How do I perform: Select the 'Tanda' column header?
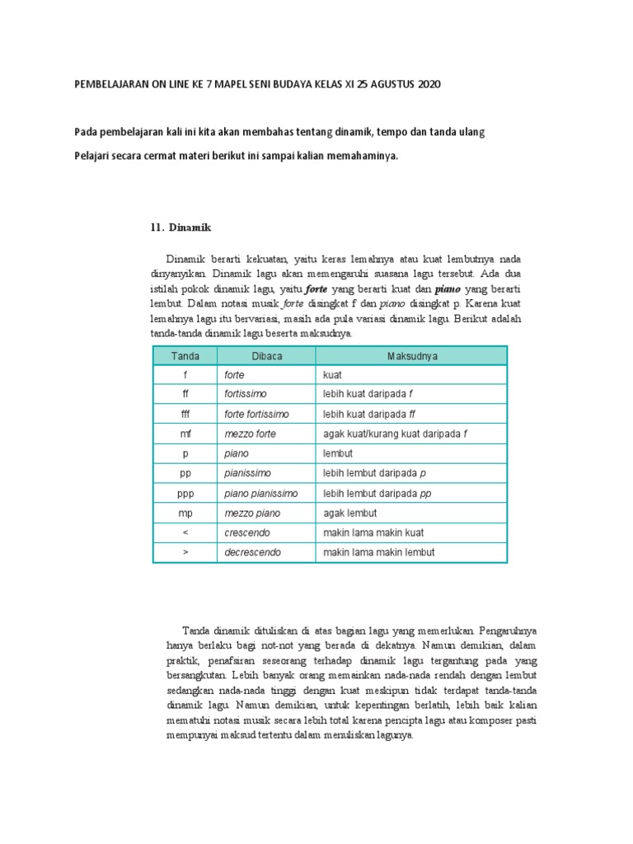185,355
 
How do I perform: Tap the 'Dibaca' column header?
266,355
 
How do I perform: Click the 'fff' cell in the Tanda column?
185,414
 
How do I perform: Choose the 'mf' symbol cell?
185,434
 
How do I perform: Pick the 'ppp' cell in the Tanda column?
185,493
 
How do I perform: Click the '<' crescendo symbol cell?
185,532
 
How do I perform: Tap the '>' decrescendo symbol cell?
185,552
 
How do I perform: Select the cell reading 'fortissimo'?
246,394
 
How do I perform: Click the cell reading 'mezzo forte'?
251,434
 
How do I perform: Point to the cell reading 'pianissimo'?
247,473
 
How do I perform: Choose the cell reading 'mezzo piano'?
252,513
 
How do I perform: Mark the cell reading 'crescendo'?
248,532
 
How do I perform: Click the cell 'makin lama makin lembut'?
379,552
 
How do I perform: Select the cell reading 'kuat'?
333,374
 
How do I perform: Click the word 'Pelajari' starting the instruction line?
94,154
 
